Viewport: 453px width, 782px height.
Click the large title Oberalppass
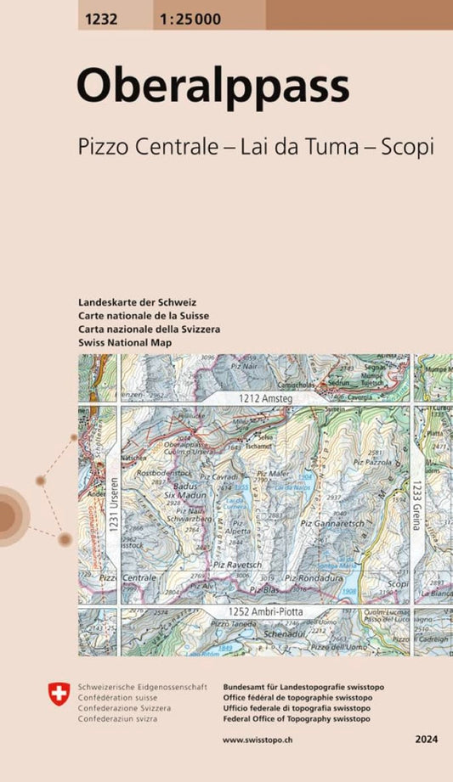212,86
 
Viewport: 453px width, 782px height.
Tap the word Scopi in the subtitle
406,145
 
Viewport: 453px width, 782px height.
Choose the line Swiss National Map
124,342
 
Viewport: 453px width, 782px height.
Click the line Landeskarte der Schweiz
136,302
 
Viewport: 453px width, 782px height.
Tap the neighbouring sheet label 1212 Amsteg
265,397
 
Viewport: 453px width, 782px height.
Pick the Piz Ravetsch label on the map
238,565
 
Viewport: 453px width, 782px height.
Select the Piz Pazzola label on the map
371,461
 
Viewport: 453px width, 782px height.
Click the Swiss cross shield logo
59,696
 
